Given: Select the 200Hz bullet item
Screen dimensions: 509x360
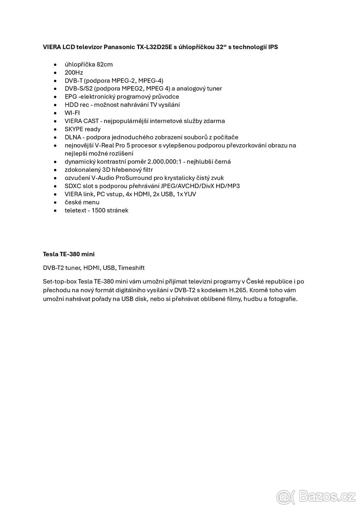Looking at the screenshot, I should (74, 73).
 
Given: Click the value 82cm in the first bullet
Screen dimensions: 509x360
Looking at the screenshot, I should (104, 64).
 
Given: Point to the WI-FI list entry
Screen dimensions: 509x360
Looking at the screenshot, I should (72, 113).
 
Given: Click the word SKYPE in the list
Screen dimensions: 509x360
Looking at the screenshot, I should (74, 129).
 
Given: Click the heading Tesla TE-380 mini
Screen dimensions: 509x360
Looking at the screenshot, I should (69, 254).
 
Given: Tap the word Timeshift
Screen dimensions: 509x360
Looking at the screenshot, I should (131, 268).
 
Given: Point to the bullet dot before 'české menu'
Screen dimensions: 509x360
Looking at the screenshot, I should (55, 202).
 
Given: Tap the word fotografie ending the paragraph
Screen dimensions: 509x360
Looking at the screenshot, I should (283, 298).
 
